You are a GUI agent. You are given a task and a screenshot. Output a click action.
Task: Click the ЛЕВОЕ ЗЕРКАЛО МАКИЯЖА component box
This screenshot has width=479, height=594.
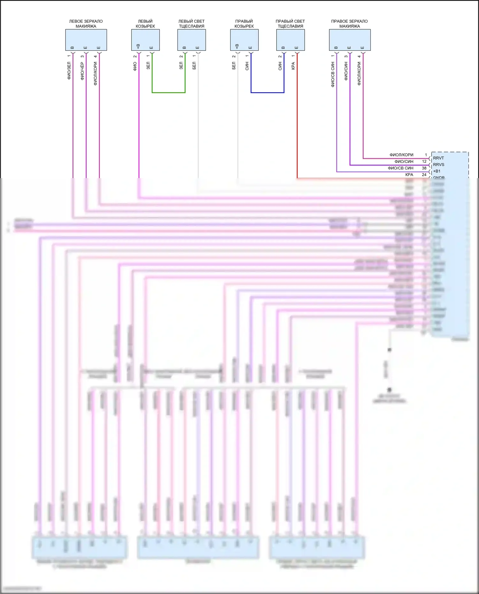tap(86, 40)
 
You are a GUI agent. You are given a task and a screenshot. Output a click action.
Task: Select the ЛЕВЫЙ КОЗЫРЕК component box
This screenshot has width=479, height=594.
tap(145, 40)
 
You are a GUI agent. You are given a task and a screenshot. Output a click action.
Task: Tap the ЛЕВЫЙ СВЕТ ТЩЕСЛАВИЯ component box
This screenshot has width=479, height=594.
tap(191, 40)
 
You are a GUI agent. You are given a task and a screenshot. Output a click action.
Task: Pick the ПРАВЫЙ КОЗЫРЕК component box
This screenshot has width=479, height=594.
tap(244, 40)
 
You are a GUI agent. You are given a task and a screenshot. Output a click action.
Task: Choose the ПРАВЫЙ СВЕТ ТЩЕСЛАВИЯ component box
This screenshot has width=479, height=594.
tap(290, 40)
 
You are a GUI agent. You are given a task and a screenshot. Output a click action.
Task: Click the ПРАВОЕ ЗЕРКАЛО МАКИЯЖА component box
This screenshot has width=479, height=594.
tap(350, 40)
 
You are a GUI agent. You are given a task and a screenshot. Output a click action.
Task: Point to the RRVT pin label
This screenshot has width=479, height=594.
tap(438, 158)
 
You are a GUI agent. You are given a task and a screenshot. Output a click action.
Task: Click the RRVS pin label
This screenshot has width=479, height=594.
tap(438, 165)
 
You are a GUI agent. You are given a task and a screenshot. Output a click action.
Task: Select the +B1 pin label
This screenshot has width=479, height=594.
tap(437, 171)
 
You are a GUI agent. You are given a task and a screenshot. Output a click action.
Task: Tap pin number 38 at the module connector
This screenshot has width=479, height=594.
tap(424, 168)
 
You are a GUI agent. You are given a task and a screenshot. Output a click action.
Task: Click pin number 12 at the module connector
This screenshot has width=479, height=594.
tap(424, 162)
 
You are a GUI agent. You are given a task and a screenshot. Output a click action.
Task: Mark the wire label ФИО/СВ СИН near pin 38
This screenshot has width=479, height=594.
tap(400, 168)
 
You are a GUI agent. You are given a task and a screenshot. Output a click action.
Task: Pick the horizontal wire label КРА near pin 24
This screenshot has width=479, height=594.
tap(409, 175)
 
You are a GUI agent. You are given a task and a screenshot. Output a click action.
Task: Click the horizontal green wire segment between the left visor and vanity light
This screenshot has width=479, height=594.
tap(169, 93)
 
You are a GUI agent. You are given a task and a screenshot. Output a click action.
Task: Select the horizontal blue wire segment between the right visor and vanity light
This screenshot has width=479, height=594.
tap(267, 93)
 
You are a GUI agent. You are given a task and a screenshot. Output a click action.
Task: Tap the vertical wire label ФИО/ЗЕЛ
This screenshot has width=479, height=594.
tap(69, 71)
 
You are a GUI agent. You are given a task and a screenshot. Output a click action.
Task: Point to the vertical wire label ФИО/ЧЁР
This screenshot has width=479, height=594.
tap(82, 71)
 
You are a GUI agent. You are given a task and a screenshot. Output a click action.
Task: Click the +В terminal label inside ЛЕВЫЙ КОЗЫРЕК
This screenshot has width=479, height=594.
tap(138, 46)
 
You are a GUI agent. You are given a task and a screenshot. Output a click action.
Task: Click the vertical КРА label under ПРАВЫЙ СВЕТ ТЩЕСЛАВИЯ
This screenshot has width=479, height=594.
tap(293, 66)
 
